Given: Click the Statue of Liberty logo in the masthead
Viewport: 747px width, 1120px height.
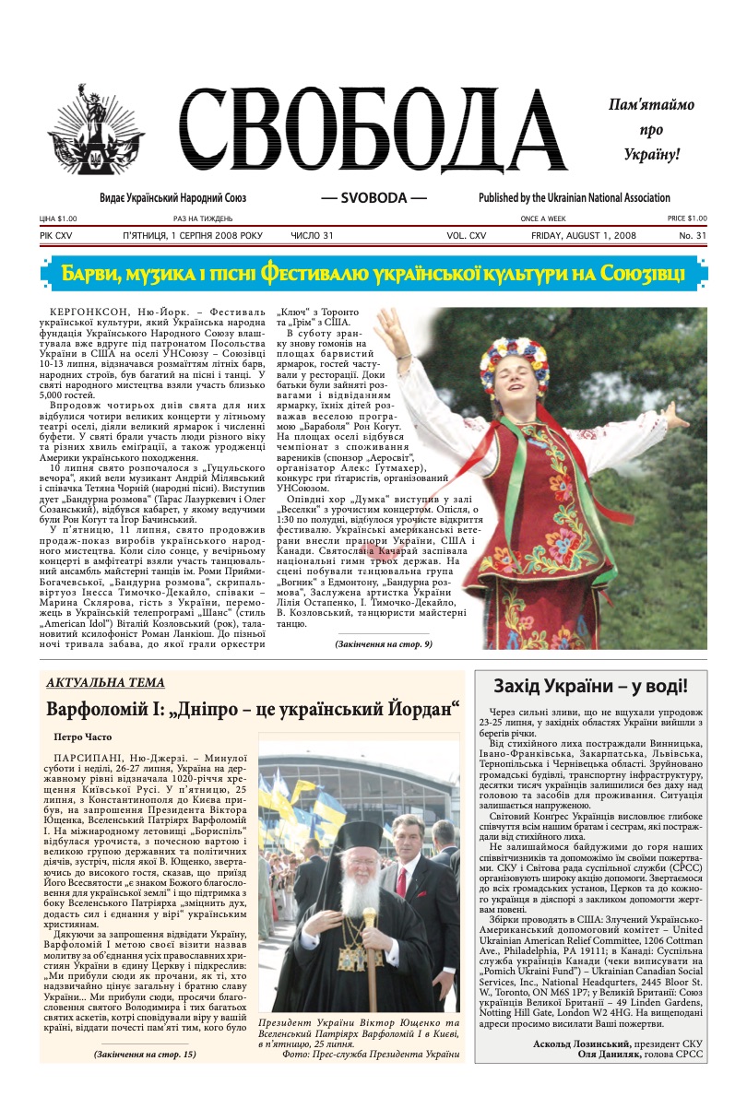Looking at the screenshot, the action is (x=96, y=137).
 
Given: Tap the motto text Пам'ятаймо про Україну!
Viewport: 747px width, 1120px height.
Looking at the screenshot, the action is (x=650, y=130).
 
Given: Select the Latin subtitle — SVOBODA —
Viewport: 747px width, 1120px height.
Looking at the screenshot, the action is (x=373, y=198).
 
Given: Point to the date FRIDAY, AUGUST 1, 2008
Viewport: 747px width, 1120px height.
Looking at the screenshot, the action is (x=584, y=236).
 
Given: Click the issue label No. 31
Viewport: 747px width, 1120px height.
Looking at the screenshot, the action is (x=693, y=236).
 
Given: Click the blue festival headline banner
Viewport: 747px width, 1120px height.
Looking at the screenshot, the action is (x=373, y=273).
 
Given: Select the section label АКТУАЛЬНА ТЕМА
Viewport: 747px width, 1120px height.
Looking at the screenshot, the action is (x=105, y=683).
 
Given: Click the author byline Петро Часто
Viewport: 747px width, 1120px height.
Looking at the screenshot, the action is (x=83, y=737).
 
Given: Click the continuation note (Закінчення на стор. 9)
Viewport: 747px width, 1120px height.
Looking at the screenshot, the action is (x=383, y=644).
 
